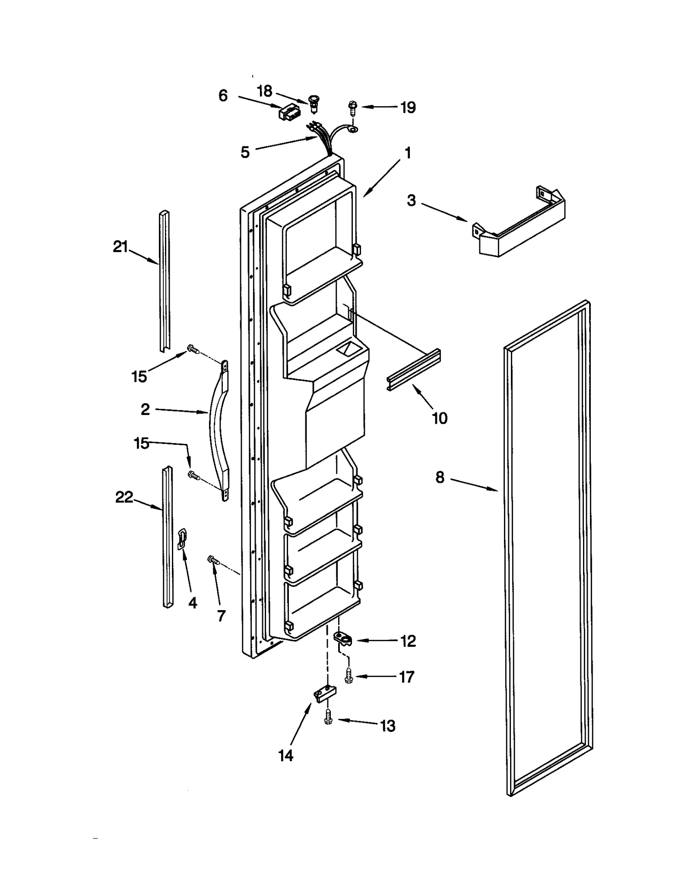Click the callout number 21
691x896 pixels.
120,247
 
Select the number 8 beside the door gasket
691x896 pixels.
440,477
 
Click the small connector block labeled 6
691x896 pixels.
287,113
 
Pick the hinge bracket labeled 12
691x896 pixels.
343,638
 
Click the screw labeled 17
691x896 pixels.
348,676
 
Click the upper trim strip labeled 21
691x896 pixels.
165,281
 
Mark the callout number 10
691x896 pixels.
440,418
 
